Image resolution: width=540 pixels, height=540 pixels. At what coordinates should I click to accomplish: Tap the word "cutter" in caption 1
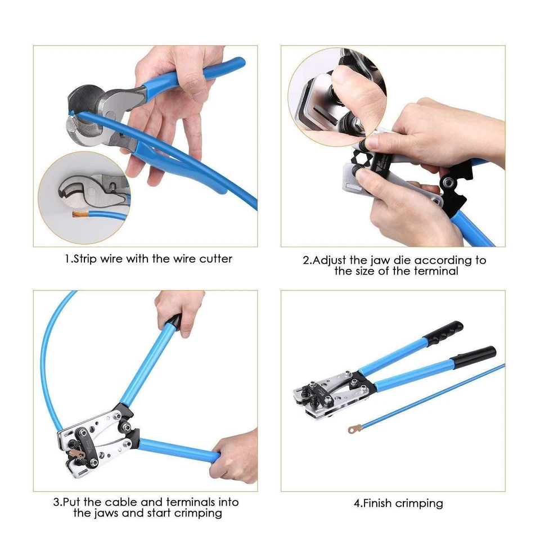(215, 259)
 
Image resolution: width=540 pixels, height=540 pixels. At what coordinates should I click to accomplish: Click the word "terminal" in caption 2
(438, 271)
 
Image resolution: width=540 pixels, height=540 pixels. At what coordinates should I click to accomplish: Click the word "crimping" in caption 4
(420, 503)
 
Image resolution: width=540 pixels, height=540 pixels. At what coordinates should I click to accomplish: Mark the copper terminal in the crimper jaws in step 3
(74, 452)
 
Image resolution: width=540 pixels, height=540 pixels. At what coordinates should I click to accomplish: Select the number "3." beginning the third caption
(57, 502)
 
